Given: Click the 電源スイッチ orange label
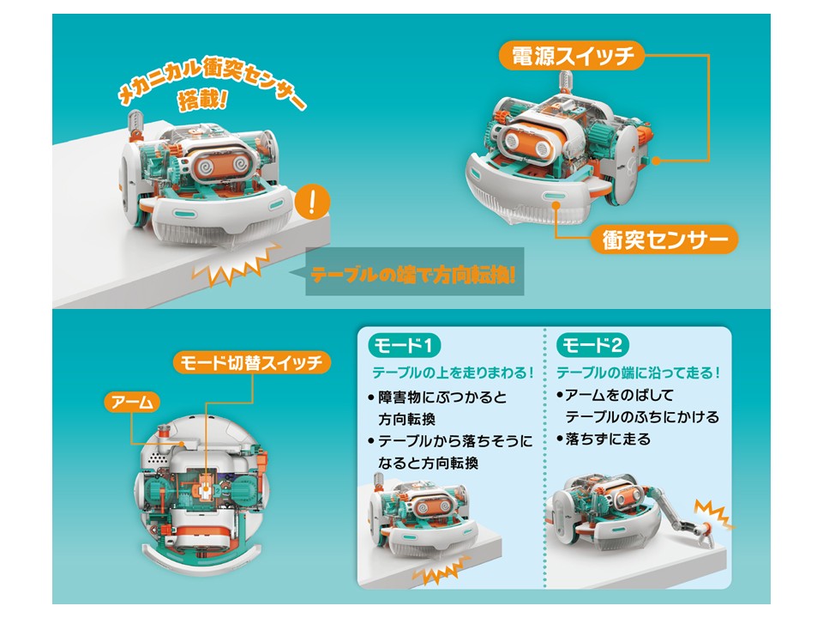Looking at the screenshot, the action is (x=571, y=56).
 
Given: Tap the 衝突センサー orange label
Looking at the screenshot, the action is (x=664, y=239).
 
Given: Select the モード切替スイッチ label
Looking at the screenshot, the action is (x=251, y=362).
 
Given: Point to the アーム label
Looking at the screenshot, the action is (x=132, y=402).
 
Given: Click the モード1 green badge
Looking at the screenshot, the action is (x=403, y=345).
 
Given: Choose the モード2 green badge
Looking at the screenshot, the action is (x=592, y=345).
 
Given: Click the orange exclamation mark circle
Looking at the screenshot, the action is (x=312, y=202).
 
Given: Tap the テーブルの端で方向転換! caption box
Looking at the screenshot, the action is (x=415, y=272).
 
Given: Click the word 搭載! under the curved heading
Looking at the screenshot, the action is (x=202, y=100).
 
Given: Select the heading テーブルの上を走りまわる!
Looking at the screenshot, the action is (x=453, y=373).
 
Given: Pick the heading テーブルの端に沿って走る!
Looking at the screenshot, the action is (x=638, y=373).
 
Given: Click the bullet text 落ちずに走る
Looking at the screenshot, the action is (x=607, y=439).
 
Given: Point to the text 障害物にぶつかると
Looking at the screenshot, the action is (x=442, y=397).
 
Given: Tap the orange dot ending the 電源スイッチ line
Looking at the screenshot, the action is (x=657, y=161).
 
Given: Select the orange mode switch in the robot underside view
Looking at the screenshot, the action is (x=205, y=490).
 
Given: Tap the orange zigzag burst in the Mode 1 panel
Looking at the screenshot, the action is (x=439, y=571).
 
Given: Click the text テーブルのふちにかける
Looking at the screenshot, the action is (x=642, y=417).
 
